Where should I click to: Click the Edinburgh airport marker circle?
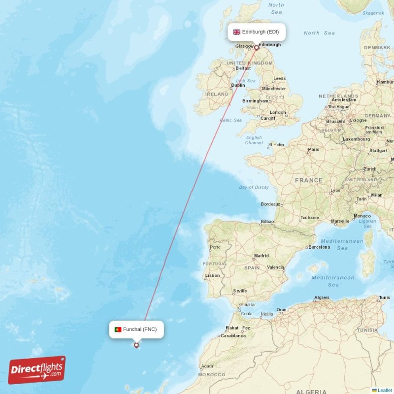tap(256, 48)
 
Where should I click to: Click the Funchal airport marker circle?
tap(136, 345)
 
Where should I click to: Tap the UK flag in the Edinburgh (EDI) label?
tap(237, 32)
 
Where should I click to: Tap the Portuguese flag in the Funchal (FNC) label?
tap(118, 329)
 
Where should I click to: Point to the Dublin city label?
tap(238, 85)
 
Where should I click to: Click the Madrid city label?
tap(261, 256)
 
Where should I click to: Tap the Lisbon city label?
tap(212, 275)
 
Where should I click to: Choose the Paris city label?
tap(313, 149)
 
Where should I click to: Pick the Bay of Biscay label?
tap(254, 187)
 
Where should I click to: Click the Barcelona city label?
tap(319, 247)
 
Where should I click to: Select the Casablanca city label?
tap(233, 335)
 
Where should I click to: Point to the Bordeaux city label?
tap(270, 204)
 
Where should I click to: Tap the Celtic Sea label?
tap(230, 120)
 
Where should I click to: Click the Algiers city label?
tap(322, 297)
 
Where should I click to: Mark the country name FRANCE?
tap(309, 180)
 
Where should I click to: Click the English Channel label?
tap(254, 140)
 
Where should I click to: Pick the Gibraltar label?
tap(247, 304)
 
